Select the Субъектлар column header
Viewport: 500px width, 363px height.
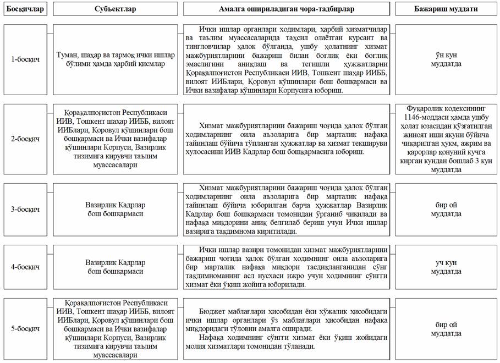tap(115, 9)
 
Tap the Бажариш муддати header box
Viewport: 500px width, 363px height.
tap(446, 9)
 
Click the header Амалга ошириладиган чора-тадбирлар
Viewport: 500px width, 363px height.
tap(286, 9)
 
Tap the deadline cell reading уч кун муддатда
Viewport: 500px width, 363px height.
tap(446, 267)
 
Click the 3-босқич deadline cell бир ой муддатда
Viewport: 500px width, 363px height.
tap(446, 209)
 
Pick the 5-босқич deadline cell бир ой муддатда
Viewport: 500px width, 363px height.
tap(446, 329)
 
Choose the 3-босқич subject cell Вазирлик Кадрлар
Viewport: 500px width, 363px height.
tap(115, 209)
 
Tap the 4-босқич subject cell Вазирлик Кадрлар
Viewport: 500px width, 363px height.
tap(115, 267)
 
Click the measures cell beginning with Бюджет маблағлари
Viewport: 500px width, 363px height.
tap(286, 329)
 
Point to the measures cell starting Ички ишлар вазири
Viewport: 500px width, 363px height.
tap(286, 267)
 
